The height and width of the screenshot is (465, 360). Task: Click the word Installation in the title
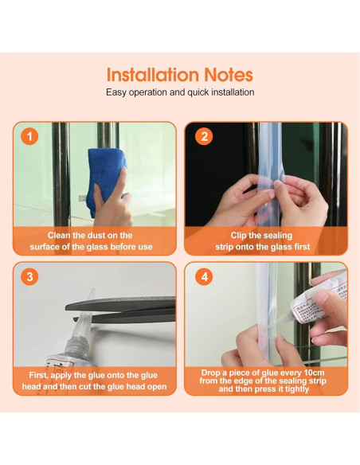tap(152, 75)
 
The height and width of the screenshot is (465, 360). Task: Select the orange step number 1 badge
tap(29, 137)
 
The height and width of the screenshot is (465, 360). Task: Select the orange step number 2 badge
tap(204, 137)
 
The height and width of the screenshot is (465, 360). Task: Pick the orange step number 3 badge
tap(29, 276)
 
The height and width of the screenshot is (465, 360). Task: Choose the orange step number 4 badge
tap(204, 276)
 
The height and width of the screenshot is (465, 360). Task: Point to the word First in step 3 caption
tap(39, 376)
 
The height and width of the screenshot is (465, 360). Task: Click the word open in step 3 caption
tap(157, 387)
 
